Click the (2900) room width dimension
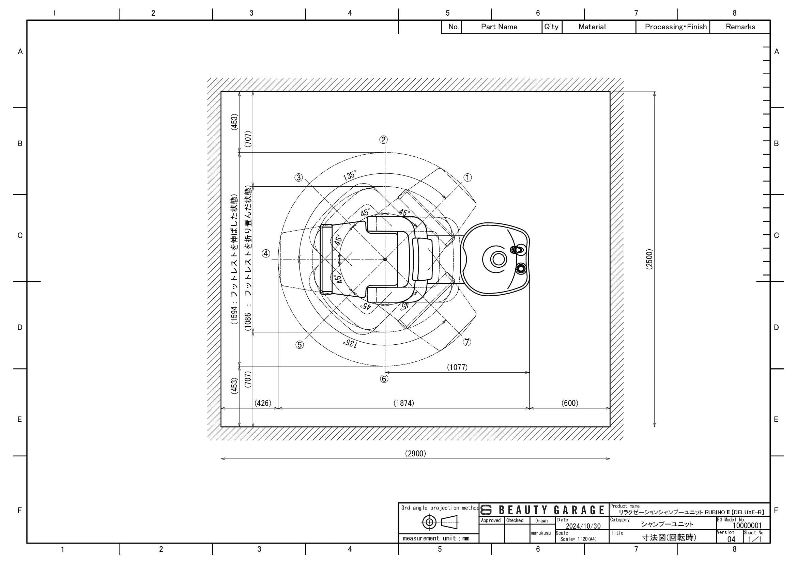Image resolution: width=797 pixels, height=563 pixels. [415, 453]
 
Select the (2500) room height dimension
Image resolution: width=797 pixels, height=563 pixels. [649, 259]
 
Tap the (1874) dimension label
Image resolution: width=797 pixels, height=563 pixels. [404, 403]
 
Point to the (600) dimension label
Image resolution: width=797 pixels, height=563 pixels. [570, 403]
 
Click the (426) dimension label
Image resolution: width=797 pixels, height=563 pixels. [263, 403]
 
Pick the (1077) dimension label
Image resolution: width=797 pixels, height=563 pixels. [457, 367]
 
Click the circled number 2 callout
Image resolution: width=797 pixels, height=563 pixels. [383, 139]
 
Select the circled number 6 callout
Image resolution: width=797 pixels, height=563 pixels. [384, 379]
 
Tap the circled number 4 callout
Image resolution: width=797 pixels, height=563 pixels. [266, 254]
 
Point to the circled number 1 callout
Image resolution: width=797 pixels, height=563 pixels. [468, 177]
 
